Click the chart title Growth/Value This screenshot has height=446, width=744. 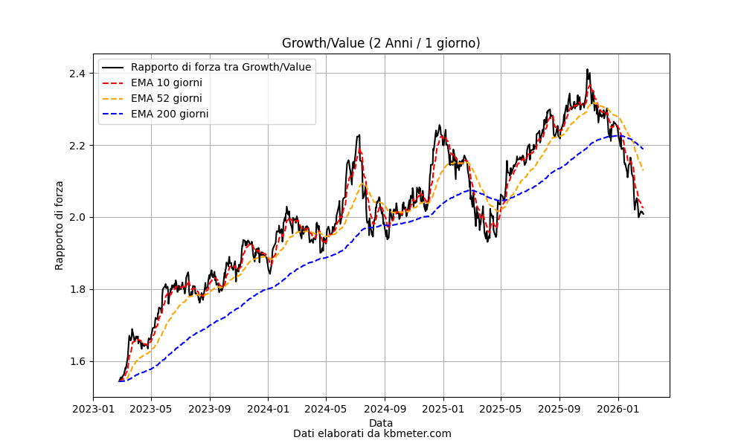381,43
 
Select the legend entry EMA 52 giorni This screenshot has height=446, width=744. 166,98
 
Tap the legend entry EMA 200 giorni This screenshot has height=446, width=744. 169,114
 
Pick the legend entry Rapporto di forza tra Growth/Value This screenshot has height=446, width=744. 220,67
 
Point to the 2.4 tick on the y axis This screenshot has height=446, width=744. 77,74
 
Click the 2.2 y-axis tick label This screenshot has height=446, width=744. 77,146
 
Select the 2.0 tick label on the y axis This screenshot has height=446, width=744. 77,218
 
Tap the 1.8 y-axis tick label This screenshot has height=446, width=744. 77,290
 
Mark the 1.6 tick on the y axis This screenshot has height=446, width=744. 77,362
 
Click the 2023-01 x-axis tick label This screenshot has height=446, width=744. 93,408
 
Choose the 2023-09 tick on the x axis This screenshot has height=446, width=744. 210,408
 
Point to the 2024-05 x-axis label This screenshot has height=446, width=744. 326,408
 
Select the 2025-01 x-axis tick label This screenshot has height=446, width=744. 443,408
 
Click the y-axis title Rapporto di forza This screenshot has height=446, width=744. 60,225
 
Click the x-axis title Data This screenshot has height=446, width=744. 381,423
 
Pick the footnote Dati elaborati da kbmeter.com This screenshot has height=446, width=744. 372,433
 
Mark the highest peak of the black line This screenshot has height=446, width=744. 587,70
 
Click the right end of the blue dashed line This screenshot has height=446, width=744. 643,149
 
